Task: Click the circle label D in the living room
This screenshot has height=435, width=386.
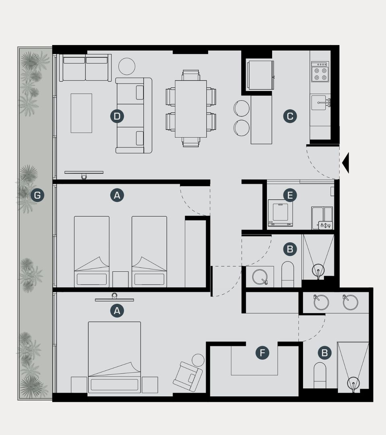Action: tap(117, 116)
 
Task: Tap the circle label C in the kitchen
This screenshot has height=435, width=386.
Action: tap(290, 116)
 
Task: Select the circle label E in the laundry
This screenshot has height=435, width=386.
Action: tap(290, 195)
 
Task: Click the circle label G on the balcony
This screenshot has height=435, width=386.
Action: tap(37, 195)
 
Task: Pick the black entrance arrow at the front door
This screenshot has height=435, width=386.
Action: tap(345, 163)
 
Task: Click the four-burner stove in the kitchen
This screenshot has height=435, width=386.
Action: tap(320, 72)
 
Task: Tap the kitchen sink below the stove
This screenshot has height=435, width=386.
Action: tap(320, 103)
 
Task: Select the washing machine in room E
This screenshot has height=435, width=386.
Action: tap(281, 213)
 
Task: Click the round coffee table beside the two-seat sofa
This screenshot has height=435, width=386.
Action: tap(127, 66)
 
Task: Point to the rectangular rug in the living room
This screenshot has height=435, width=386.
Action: tap(81, 113)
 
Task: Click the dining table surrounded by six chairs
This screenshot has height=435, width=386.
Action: tap(191, 109)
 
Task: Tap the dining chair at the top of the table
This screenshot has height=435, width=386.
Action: tap(191, 75)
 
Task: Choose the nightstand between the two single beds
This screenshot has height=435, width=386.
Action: tap(120, 280)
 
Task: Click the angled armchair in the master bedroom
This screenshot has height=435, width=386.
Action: tap(188, 377)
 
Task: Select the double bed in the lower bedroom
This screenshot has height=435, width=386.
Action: tap(114, 357)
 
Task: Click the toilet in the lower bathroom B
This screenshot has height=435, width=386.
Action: tap(320, 375)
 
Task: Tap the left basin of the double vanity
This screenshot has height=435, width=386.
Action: tap(321, 302)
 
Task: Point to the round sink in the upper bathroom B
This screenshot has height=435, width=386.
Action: tap(260, 277)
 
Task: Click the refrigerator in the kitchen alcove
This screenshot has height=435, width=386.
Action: tap(260, 75)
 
